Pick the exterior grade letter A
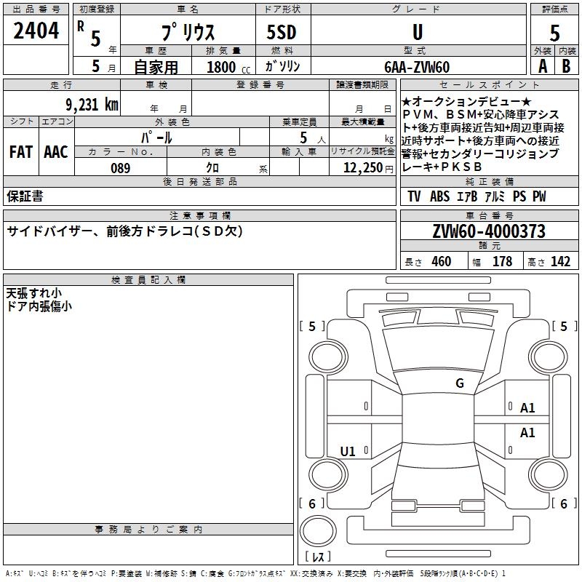[541, 66]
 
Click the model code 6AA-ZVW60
[417, 67]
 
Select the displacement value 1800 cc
[226, 67]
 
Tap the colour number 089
[120, 168]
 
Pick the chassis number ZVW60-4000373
[488, 231]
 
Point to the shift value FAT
[20, 152]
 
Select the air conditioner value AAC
[55, 152]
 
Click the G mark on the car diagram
[459, 383]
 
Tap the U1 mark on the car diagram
[348, 452]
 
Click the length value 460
[441, 262]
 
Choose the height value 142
[560, 262]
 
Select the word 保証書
[25, 196]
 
